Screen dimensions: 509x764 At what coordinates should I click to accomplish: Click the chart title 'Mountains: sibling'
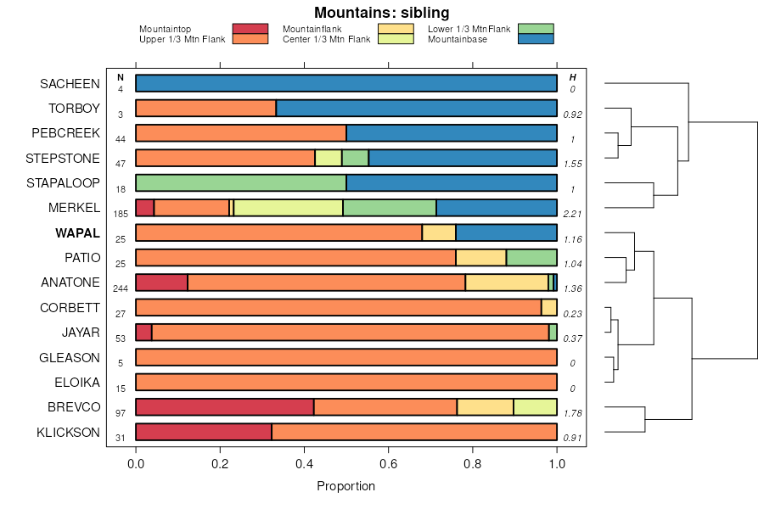(x=382, y=13)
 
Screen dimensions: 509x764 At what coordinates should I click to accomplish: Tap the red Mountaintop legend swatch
(x=250, y=29)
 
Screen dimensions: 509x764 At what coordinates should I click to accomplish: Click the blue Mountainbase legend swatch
(x=535, y=38)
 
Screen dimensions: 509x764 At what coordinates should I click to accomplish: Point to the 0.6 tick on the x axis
(x=389, y=464)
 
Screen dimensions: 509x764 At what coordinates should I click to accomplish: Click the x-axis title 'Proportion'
(x=345, y=486)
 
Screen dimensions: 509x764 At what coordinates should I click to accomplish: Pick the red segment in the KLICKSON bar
(x=204, y=432)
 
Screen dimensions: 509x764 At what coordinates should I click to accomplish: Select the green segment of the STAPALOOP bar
(x=241, y=183)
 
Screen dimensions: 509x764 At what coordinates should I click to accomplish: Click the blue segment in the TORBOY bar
(x=416, y=109)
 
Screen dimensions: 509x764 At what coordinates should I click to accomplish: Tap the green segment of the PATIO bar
(x=531, y=258)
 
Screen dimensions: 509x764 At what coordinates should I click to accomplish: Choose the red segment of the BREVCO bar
(x=225, y=407)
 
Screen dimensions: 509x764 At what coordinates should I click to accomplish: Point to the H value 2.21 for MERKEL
(x=572, y=215)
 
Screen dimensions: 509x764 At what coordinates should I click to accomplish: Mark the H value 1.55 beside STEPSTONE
(x=572, y=165)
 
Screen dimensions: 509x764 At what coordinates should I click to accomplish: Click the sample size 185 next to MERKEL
(x=121, y=215)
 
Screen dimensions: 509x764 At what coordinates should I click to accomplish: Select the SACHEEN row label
(x=70, y=83)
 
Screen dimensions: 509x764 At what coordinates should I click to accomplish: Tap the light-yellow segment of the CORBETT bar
(x=548, y=308)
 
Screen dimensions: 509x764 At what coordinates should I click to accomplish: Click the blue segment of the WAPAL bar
(x=506, y=233)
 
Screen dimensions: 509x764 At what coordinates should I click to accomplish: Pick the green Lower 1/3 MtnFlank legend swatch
(x=535, y=29)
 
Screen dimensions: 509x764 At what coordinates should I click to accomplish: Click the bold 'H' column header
(x=572, y=78)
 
